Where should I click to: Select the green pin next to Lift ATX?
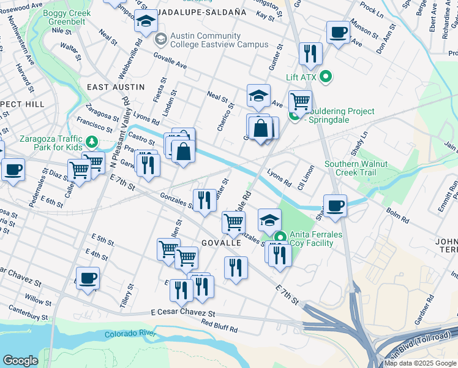coord(326,77)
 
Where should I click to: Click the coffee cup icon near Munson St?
coord(337,32)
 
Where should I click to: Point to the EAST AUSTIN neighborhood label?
coord(115,87)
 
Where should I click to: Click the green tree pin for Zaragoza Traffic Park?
coord(92,143)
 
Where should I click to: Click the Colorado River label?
coord(131,334)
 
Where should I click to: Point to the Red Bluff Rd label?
coord(219,326)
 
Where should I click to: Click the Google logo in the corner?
coord(20,360)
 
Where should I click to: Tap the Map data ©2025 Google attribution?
coord(420,363)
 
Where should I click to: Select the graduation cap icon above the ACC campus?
coord(145,22)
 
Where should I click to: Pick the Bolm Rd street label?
coord(397,215)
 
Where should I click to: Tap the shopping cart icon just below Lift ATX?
coord(300,101)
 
